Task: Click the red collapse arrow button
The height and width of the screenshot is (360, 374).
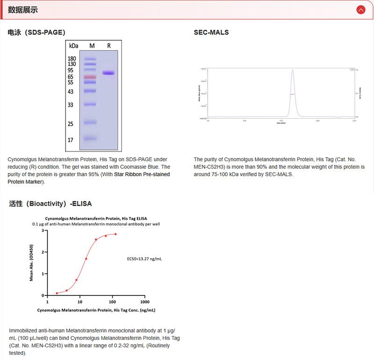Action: coord(360,9)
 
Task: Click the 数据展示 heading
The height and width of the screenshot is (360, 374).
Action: coord(23,10)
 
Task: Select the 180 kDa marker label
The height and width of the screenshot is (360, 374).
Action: coord(72,58)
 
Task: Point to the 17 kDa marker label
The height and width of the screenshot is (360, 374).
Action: coord(71,140)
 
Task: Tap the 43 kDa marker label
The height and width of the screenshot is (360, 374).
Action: coord(71,92)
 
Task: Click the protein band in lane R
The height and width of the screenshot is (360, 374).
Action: coord(109,73)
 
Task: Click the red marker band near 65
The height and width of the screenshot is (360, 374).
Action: coord(90,77)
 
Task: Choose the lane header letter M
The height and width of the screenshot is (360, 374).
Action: coord(92,46)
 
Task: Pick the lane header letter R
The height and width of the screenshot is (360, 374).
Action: coord(109,46)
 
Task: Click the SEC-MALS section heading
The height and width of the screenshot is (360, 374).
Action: coord(211,33)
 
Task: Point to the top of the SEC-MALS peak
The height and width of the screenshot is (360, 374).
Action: coord(293,71)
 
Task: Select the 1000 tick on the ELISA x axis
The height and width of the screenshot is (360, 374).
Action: coord(144,302)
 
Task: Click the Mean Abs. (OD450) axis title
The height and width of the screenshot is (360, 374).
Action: coord(31,263)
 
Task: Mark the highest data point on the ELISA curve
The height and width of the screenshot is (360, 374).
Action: coord(115,234)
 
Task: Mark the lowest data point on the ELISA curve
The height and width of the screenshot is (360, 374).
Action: coord(57,293)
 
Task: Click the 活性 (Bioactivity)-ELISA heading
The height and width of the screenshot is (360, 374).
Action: coord(50,204)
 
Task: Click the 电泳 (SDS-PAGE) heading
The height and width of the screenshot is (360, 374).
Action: coord(36,33)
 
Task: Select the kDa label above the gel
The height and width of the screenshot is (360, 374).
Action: coord(73,46)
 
